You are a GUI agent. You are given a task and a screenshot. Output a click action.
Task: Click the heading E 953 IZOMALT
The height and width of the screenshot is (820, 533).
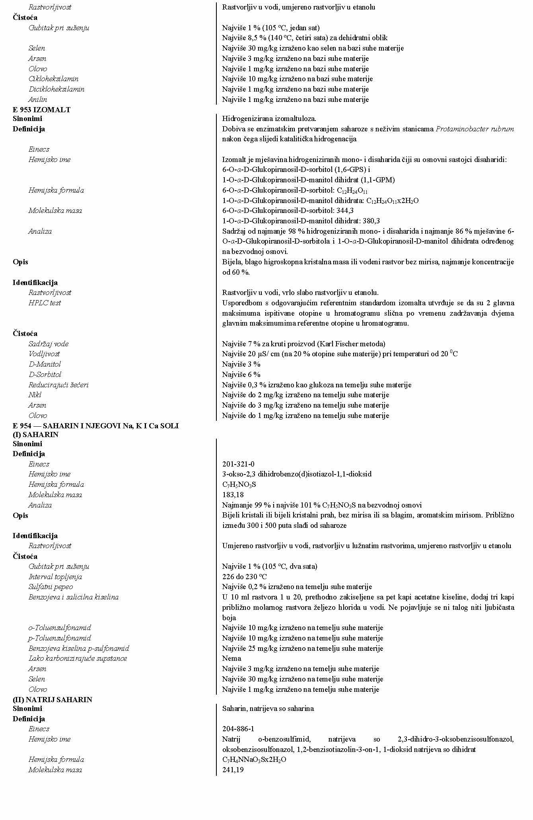pyautogui.click(x=41, y=110)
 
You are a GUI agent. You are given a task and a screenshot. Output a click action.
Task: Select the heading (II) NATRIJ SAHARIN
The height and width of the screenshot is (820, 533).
pyautogui.click(x=52, y=699)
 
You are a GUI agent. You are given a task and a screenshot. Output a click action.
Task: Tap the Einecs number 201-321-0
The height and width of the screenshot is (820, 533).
pyautogui.click(x=238, y=464)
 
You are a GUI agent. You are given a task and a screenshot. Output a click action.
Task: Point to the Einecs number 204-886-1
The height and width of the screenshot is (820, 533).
pyautogui.click(x=238, y=729)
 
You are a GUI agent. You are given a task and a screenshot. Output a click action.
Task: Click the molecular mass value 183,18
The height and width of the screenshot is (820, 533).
pyautogui.click(x=233, y=494)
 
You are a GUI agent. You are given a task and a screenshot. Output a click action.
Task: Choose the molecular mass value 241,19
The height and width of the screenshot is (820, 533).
pyautogui.click(x=233, y=770)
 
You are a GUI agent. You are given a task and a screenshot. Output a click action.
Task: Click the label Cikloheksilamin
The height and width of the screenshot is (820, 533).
pyautogui.click(x=53, y=79)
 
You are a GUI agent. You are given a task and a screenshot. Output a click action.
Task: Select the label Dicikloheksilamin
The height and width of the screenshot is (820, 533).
pyautogui.click(x=56, y=89)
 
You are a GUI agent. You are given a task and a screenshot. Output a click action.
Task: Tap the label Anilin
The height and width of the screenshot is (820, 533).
pyautogui.click(x=38, y=100)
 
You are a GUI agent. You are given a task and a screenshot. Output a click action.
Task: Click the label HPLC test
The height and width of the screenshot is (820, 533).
pyautogui.click(x=45, y=303)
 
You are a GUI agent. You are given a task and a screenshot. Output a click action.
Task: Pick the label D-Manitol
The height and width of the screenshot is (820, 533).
pyautogui.click(x=45, y=364)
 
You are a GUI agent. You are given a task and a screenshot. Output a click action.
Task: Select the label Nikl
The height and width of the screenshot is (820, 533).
pyautogui.click(x=35, y=395)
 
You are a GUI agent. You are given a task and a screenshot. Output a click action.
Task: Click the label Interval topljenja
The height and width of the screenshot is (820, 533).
pyautogui.click(x=55, y=577)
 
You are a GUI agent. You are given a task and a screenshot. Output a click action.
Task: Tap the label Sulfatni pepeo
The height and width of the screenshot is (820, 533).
pyautogui.click(x=51, y=587)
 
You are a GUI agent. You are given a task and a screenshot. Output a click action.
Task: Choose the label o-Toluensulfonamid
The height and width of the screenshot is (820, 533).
pyautogui.click(x=60, y=628)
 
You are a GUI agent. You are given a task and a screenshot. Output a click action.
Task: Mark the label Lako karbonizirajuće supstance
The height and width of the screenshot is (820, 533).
pyautogui.click(x=78, y=658)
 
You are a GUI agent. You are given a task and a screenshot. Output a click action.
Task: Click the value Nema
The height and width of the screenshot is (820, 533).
pyautogui.click(x=231, y=658)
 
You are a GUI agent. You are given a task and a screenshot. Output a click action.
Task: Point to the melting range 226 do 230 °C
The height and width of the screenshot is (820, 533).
pyautogui.click(x=244, y=577)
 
